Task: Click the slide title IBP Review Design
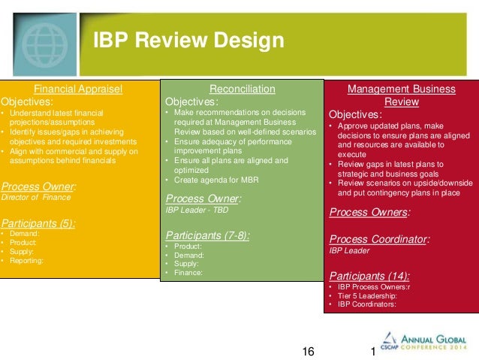[x=188, y=41]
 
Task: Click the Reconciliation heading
[x=242, y=89]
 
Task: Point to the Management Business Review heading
[x=401, y=95]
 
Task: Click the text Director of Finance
[x=36, y=197]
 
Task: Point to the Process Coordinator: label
[x=379, y=239]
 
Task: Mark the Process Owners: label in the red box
[x=369, y=212]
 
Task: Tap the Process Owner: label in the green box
[x=203, y=198]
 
